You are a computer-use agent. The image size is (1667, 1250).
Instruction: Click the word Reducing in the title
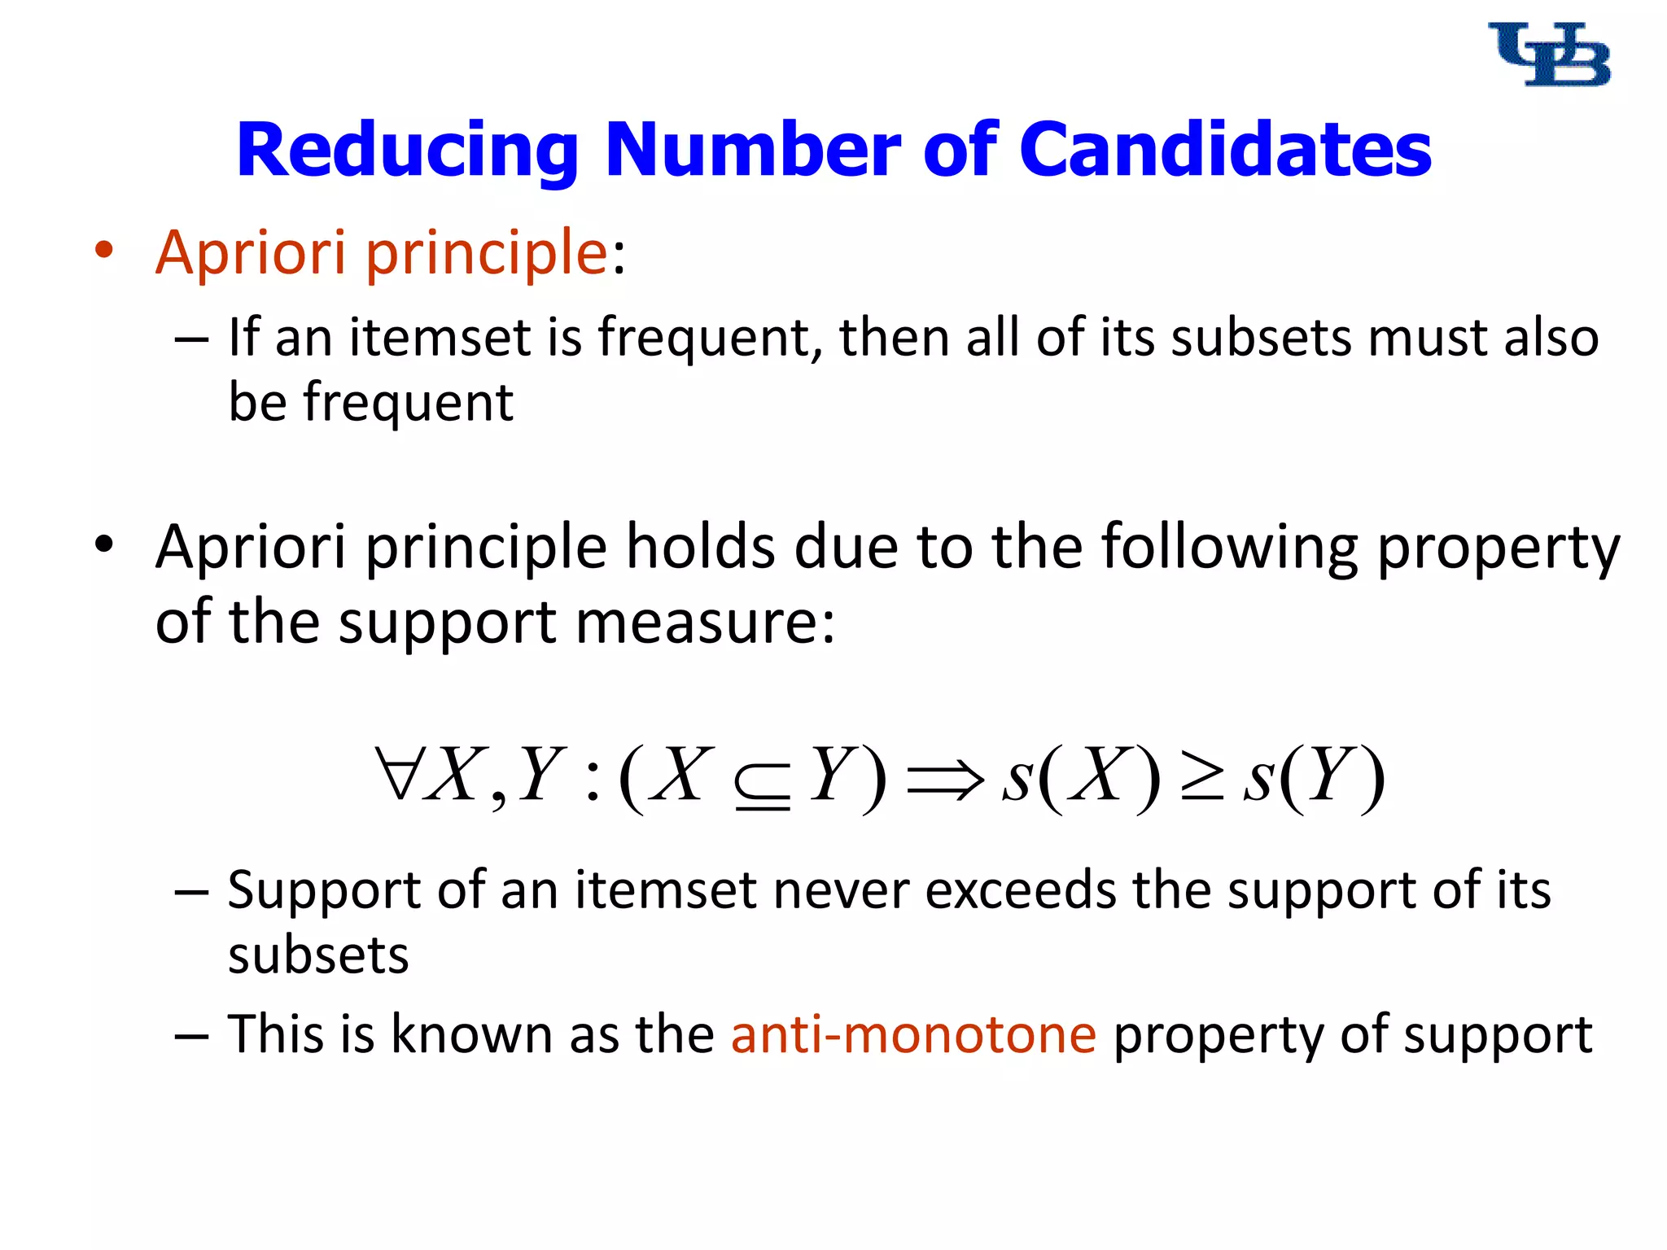coord(407,151)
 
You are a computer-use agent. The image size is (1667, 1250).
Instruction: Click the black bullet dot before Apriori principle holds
coord(103,544)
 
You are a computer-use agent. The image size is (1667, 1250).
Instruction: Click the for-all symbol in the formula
coord(396,774)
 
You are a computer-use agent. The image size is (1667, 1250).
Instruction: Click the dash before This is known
coord(192,1037)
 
